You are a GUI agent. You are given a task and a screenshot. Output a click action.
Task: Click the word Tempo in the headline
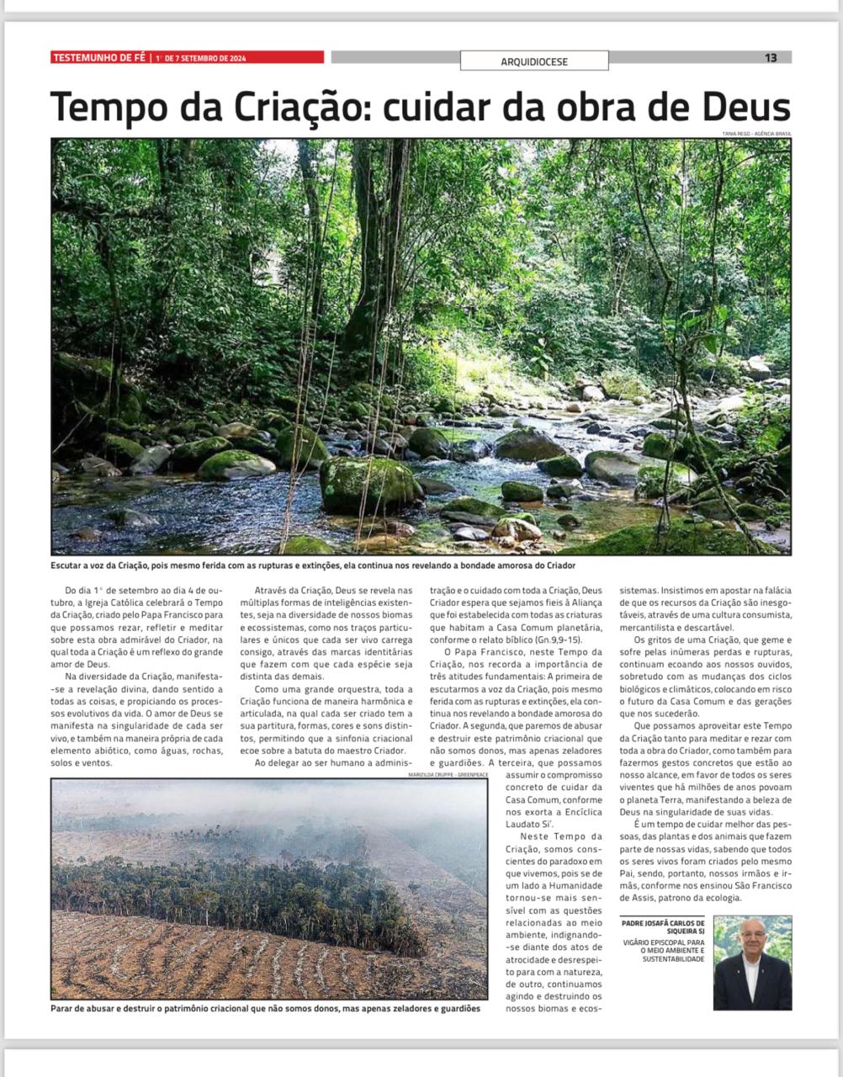(107, 107)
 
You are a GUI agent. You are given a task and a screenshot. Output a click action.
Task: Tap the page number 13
(771, 58)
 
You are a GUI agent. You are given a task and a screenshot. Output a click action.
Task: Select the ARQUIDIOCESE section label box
(534, 61)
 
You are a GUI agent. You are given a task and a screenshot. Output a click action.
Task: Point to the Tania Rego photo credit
(756, 134)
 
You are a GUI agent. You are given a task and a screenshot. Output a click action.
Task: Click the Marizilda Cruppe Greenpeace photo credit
(448, 775)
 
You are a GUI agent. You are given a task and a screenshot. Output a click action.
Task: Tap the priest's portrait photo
(752, 963)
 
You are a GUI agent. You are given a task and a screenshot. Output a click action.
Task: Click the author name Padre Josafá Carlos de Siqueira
(663, 927)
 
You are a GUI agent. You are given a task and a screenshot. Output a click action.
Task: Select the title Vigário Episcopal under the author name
(664, 951)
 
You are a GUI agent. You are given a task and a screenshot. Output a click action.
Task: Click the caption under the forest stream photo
(313, 565)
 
